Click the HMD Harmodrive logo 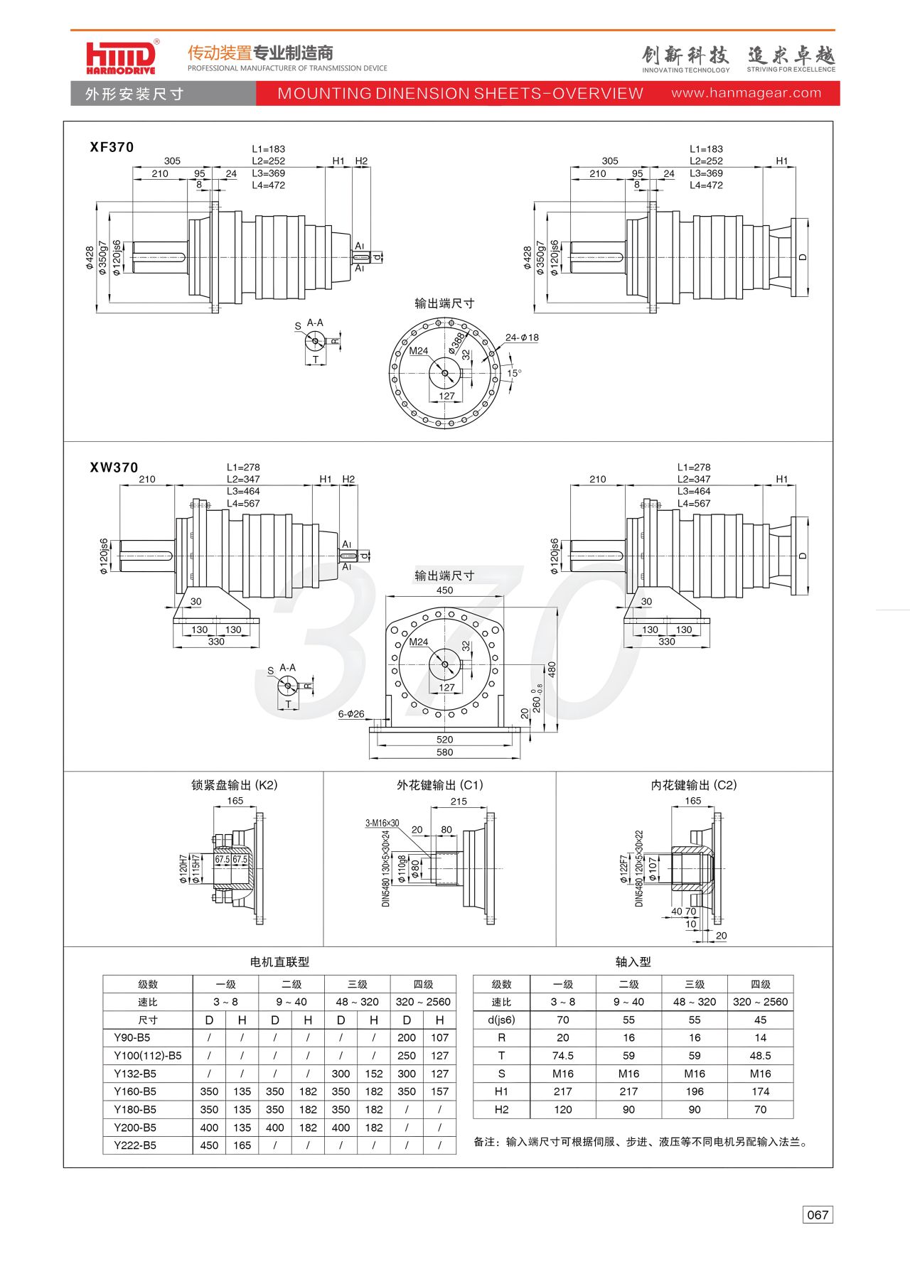121,57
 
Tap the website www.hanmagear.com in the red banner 746,93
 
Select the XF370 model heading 112,147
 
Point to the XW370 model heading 114,468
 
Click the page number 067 818,1214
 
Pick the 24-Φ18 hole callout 522,337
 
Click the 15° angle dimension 514,373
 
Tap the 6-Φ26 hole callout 351,714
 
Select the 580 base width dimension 444,752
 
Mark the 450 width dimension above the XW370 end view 444,590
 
